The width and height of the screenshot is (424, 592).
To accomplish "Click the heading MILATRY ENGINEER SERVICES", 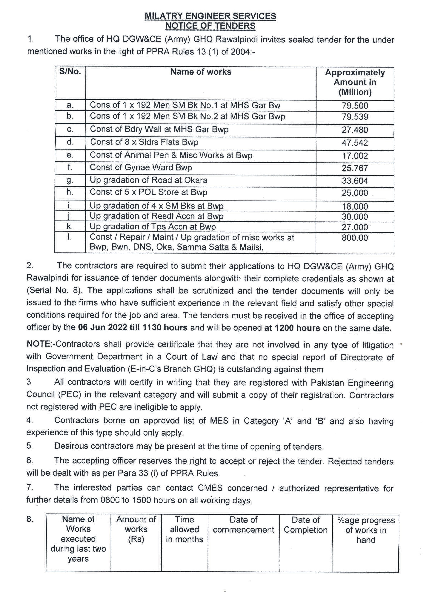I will pos(210,16).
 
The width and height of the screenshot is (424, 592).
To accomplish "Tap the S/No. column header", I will pos(70,72).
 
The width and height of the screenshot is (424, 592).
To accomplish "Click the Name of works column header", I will pos(201,72).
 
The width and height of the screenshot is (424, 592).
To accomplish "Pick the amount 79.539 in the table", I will pos(355,117).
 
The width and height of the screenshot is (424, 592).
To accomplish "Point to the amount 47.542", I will pos(355,143).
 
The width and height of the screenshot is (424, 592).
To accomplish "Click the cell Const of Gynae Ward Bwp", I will pos(141,168).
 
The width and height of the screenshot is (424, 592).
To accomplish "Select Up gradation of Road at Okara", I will pos(149,180).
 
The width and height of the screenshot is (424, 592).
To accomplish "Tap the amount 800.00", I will pos(355,238).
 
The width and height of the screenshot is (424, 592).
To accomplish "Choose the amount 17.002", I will pos(355,156).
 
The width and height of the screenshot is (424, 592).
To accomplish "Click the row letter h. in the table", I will pos(70,192).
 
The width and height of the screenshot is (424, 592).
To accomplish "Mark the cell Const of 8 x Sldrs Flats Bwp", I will pos(144,142).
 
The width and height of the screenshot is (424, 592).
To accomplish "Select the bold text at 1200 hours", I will pos(292,328).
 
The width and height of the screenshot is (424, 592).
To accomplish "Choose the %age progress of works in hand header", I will pos(366,530).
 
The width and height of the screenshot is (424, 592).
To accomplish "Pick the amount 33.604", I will pos(355,181).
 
